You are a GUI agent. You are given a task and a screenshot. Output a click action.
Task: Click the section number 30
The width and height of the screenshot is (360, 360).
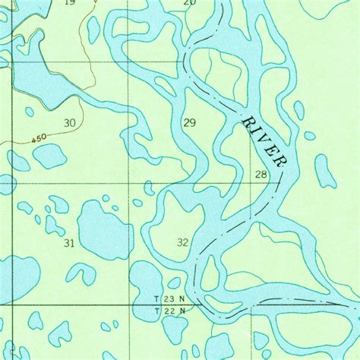tap(70, 122)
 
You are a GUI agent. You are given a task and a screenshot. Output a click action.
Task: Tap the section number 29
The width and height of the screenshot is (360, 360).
tap(189, 122)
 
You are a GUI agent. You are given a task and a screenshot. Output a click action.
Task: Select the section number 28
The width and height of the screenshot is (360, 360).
tap(261, 175)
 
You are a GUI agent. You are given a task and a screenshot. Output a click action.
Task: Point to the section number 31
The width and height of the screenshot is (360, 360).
tap(69, 243)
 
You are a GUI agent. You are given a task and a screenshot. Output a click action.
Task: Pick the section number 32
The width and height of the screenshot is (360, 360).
tap(182, 242)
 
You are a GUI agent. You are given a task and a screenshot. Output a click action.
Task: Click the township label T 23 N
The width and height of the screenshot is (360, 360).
tap(169, 300)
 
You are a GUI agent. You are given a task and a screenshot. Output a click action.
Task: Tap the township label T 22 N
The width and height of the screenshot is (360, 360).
tap(169, 311)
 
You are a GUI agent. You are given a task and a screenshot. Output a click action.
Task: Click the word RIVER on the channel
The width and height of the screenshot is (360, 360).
tap(264, 141)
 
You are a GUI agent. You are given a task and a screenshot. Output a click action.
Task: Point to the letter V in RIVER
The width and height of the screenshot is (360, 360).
tap(264, 141)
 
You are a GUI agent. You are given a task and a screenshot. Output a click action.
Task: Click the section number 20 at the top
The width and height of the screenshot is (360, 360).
tap(190, 3)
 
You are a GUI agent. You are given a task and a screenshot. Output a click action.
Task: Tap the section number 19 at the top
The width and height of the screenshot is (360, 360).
tap(70, 3)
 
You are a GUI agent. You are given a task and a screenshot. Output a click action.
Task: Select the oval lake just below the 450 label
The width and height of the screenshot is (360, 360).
tap(49, 156)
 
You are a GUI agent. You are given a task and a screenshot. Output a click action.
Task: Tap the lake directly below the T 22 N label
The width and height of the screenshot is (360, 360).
tap(174, 328)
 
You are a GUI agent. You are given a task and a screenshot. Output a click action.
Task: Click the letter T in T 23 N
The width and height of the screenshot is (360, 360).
tap(156, 300)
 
